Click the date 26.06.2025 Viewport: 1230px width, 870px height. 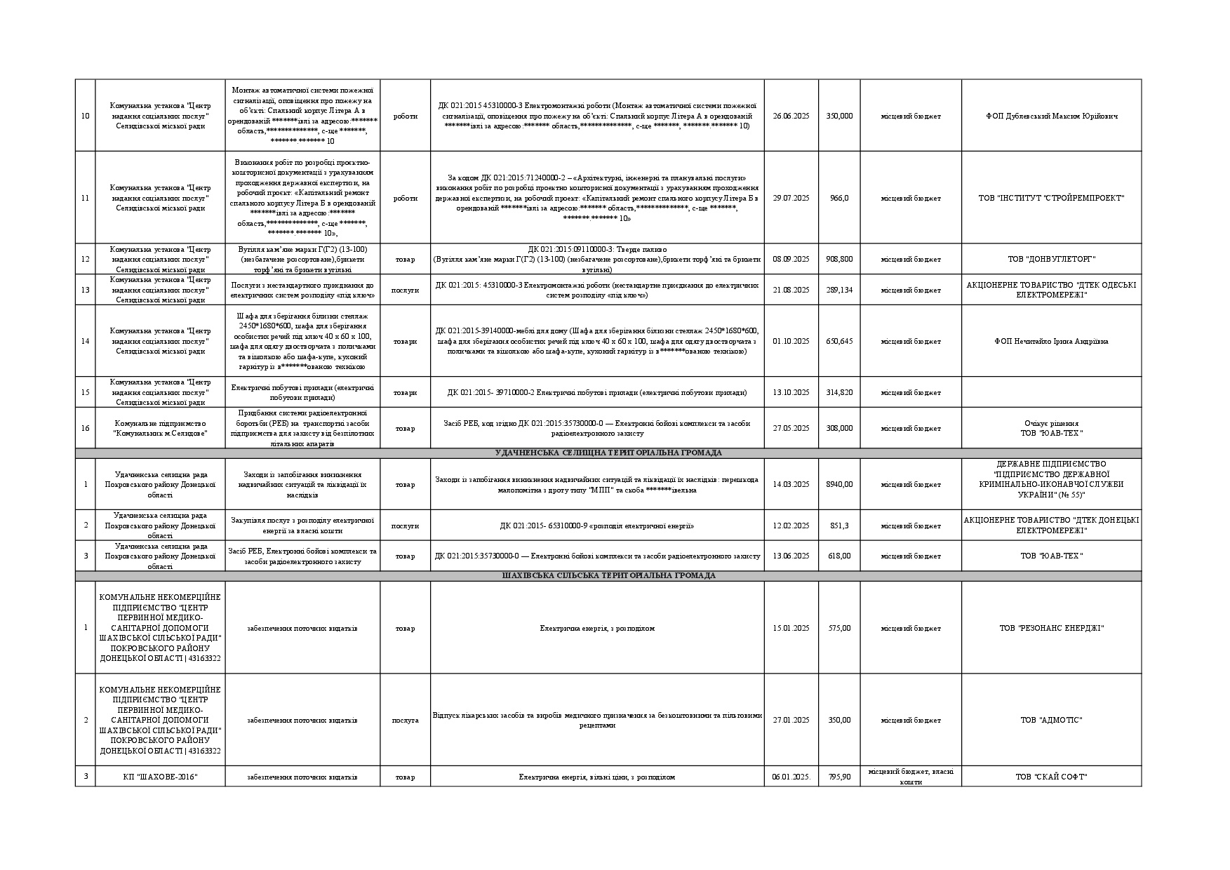click(x=791, y=116)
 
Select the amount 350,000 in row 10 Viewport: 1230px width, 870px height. click(x=839, y=116)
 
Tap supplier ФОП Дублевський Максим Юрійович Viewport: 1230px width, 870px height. click(x=1051, y=116)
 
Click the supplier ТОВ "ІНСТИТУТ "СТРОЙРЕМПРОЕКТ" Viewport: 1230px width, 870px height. click(x=1051, y=198)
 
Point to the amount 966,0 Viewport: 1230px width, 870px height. click(x=839, y=198)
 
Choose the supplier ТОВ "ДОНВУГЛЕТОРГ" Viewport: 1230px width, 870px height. click(x=1051, y=259)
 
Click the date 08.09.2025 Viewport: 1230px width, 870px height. click(x=791, y=259)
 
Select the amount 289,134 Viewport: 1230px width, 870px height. click(x=839, y=290)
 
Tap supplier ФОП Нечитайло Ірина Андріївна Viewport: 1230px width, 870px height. click(x=1051, y=341)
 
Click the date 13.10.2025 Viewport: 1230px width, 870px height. click(x=791, y=392)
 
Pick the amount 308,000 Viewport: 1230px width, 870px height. click(x=839, y=428)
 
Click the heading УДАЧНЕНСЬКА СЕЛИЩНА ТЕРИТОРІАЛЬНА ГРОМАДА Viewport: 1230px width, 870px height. click(x=608, y=453)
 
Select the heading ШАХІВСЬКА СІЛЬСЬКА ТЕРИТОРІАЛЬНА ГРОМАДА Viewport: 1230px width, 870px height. click(x=608, y=575)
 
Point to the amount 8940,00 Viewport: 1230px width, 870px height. click(x=839, y=484)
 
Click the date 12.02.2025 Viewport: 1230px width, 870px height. click(x=791, y=526)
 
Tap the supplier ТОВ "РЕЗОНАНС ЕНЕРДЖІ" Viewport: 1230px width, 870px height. click(x=1051, y=628)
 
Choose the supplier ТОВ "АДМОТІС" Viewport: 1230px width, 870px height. click(x=1051, y=720)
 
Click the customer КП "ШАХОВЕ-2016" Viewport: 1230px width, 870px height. click(x=160, y=777)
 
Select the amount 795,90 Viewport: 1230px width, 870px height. click(x=839, y=777)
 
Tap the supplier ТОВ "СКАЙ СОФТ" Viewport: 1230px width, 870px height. click(x=1051, y=777)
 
